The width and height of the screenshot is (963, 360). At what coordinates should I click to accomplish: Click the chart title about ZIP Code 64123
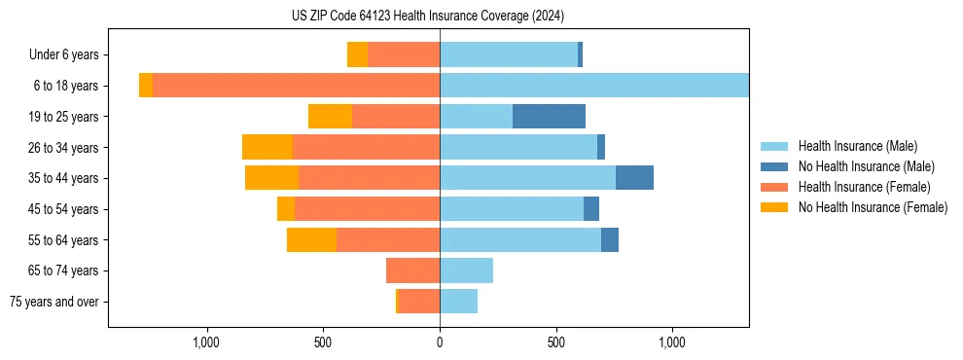pos(427,17)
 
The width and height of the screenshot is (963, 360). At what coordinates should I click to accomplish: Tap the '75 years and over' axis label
pos(53,302)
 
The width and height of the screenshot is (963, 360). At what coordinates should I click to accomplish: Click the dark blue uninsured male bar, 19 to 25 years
pos(549,117)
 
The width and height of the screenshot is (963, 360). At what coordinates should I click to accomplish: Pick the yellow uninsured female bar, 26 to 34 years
pos(267,147)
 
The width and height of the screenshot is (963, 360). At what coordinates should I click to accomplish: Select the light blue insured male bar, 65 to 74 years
pos(466,270)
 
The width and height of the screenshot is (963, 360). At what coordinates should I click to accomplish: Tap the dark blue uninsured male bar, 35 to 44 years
pos(634,178)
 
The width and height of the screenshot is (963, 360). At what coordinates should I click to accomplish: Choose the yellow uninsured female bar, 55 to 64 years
pos(311,239)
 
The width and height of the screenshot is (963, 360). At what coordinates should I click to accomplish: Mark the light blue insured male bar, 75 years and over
pos(458,302)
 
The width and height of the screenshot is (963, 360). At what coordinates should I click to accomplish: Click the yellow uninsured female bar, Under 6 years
pos(357,55)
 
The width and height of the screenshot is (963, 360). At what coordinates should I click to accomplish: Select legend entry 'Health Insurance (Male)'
pos(857,146)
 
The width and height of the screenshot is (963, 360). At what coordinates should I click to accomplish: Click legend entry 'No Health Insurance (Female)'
pos(873,207)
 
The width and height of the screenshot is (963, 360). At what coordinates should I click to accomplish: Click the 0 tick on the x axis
pos(440,342)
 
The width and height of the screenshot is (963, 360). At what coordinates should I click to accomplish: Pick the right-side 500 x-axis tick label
pos(555,342)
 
